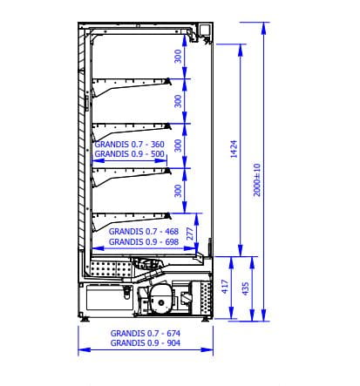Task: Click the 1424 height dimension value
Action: pos(234,149)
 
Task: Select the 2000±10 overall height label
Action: pos(257,179)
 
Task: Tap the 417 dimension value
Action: pos(225,287)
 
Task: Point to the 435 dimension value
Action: pos(246,288)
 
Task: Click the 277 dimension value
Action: pos(189,234)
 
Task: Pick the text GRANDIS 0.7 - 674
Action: pos(146,333)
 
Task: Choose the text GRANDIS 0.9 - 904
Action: pos(146,343)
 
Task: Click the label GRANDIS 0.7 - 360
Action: pos(130,144)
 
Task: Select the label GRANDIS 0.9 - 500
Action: pos(130,153)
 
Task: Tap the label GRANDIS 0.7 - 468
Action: pos(144,232)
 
